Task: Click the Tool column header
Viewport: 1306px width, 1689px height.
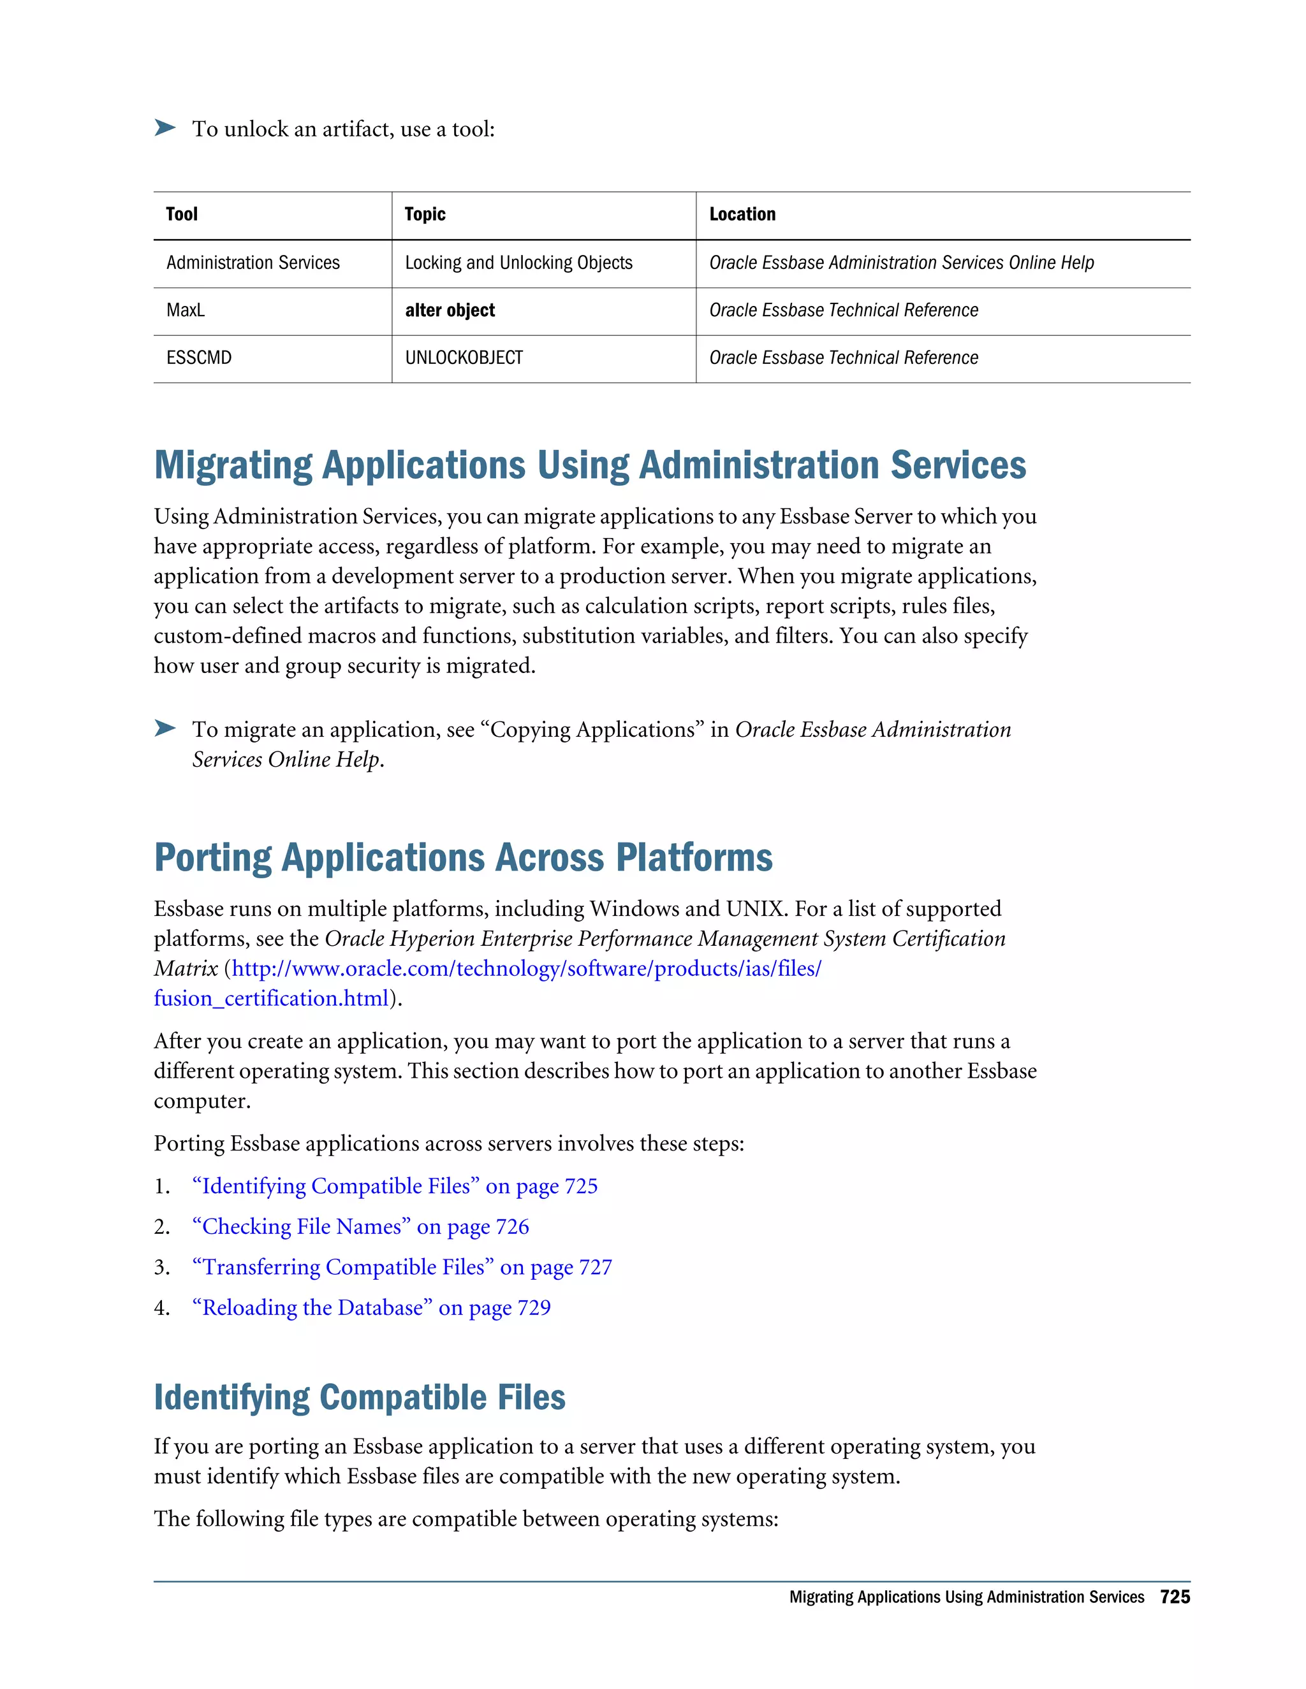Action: (182, 214)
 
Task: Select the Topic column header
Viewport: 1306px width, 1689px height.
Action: (425, 214)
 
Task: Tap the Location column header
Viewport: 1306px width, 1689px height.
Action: (742, 214)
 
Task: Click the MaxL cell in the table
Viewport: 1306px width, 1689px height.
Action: (186, 310)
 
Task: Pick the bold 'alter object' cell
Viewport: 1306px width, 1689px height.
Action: (450, 310)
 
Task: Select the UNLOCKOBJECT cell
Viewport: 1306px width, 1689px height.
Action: (464, 358)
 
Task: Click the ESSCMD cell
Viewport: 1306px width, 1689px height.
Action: (199, 358)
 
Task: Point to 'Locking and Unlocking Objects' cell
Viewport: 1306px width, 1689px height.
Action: (518, 263)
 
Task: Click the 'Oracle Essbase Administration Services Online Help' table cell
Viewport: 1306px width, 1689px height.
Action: (901, 263)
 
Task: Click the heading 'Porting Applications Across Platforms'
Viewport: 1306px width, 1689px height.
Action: (463, 858)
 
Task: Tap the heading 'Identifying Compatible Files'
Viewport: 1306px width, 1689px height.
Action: (360, 1398)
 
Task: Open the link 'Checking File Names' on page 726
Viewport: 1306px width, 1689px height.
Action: (360, 1226)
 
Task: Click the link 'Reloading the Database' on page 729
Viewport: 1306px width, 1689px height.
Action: (371, 1308)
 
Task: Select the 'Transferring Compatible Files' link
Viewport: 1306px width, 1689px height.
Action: (402, 1267)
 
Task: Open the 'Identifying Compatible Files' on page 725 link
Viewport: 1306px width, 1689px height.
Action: (395, 1186)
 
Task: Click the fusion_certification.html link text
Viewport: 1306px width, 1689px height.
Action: (271, 998)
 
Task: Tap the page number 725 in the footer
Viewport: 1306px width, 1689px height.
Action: (1175, 1597)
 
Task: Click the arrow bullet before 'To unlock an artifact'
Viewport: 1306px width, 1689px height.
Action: (165, 127)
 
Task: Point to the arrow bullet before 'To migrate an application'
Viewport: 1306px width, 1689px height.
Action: (165, 729)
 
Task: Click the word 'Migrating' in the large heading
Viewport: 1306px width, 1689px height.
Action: (233, 465)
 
